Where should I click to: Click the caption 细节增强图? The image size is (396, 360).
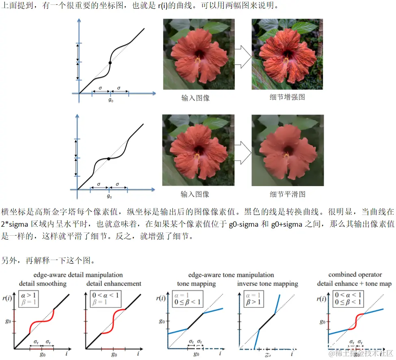pyautogui.click(x=287, y=98)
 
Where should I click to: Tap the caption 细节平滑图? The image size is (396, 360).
pyautogui.click(x=288, y=194)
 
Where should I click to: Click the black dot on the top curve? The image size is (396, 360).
pyautogui.click(x=110, y=63)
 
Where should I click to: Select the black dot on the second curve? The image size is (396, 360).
pyautogui.click(x=108, y=159)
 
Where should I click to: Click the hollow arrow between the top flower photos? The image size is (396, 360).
pyautogui.click(x=243, y=57)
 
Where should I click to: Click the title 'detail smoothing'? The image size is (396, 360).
pyautogui.click(x=43, y=283)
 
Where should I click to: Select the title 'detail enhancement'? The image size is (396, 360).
pyautogui.click(x=114, y=283)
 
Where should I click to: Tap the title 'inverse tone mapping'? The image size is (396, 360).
pyautogui.click(x=268, y=283)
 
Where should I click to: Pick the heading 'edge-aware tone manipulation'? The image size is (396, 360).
pyautogui.click(x=231, y=275)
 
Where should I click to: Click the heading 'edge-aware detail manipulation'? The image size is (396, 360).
pyautogui.click(x=78, y=275)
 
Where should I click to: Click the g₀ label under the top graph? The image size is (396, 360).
pyautogui.click(x=110, y=100)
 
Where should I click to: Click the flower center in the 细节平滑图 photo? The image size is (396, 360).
pyautogui.click(x=287, y=151)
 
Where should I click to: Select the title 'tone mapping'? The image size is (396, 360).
pyautogui.click(x=196, y=283)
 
